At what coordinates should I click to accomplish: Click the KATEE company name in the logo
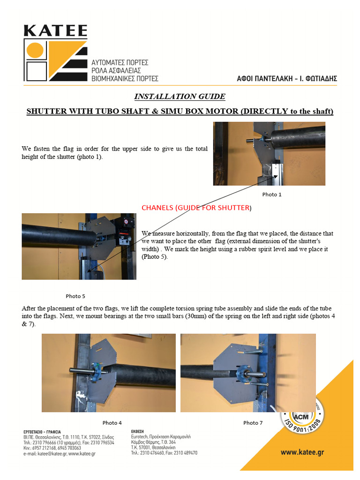55,31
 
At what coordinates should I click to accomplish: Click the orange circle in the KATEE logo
35,50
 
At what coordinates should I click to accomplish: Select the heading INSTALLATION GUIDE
180,97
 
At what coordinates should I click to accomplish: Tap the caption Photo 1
272,194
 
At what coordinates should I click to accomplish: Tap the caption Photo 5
75,296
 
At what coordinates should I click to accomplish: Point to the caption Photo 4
112,423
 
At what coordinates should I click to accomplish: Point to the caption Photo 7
253,423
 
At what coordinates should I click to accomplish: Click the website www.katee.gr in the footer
302,452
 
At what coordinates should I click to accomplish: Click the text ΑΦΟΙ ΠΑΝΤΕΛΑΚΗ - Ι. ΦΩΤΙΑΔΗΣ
287,79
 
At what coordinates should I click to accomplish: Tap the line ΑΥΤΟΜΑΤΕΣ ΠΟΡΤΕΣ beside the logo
120,62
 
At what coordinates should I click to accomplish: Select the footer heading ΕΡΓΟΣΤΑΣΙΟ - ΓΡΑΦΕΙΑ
42,432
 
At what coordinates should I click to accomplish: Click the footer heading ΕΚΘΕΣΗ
139,432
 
